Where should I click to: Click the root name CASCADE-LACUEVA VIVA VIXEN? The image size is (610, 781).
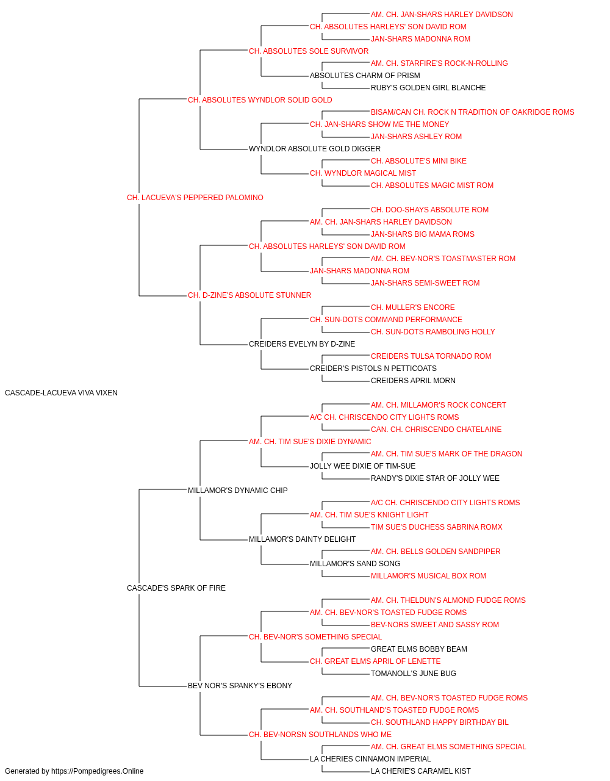coord(61,393)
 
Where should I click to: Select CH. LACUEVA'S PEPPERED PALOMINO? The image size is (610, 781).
coord(195,198)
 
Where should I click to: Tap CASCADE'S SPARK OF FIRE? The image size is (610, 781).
coord(176,588)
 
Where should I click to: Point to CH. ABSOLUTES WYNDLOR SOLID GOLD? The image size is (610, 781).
coord(260,100)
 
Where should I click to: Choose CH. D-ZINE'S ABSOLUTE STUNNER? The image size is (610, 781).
coord(249,295)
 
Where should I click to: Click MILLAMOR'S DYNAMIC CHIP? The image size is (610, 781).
coord(237,490)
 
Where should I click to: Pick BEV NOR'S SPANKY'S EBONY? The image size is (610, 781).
coord(240,686)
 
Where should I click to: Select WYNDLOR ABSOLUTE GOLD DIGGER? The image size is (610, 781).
coord(314,149)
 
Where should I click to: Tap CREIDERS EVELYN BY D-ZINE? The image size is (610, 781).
coord(302,344)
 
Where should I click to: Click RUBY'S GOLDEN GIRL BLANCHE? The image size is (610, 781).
coord(428,88)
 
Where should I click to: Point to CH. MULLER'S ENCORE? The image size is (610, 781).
coord(412,308)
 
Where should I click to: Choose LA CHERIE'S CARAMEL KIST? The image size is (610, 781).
coord(420,771)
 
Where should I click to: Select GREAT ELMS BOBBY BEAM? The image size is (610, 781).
coord(419,649)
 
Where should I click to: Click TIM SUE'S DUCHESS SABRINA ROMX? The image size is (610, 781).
coord(437,527)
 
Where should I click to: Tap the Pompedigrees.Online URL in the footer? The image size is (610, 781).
coord(97,771)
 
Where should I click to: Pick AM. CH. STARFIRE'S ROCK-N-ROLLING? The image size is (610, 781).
coord(439,63)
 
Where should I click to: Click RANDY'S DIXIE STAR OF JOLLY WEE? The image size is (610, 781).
coord(435,478)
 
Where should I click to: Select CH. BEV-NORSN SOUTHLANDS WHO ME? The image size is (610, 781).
coord(320,734)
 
